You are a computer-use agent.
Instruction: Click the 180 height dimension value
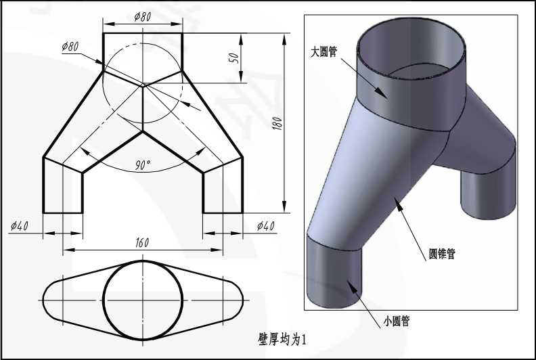tap(278, 123)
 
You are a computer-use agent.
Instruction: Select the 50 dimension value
tap(236, 58)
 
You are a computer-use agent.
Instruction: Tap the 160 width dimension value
tap(142, 242)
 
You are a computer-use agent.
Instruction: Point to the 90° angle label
tap(143, 165)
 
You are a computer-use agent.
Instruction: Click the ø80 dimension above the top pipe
tap(143, 16)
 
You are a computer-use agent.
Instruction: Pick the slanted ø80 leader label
tap(70, 46)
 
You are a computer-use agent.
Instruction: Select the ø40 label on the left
tap(20, 225)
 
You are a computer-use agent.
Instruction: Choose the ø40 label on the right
tap(265, 225)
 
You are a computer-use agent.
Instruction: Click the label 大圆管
tap(323, 51)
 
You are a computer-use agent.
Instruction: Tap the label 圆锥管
tap(442, 254)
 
